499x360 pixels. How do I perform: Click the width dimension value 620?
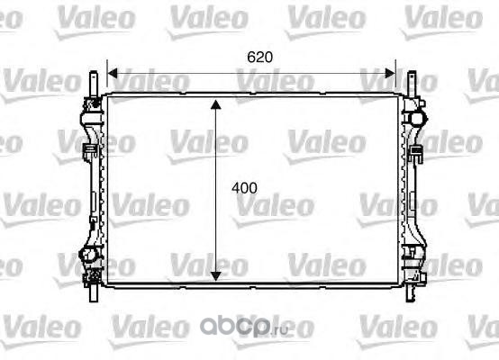pos(259,58)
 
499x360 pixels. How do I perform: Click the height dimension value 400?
pos(244,188)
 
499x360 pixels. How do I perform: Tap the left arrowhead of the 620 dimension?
pos(113,73)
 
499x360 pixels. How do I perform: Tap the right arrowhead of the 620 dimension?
pos(390,73)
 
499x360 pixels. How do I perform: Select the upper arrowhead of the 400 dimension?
pos(216,104)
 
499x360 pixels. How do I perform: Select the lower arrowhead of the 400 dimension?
pos(216,276)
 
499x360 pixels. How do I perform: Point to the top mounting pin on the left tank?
pos(94,84)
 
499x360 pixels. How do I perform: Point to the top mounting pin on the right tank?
pos(412,84)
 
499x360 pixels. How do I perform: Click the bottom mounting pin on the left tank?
pos(94,292)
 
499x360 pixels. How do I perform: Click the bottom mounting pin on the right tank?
pos(411,292)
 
